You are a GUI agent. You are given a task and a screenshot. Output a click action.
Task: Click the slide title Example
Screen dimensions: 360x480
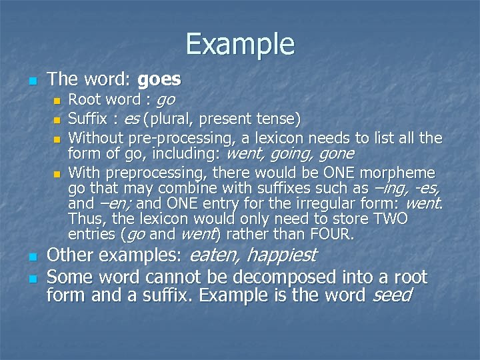[240, 44]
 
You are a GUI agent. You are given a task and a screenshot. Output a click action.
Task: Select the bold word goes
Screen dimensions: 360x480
[159, 80]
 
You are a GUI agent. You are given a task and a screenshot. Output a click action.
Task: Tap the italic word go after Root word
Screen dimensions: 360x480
[165, 101]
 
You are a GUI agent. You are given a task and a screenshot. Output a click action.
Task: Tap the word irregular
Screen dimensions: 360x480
[337, 203]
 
